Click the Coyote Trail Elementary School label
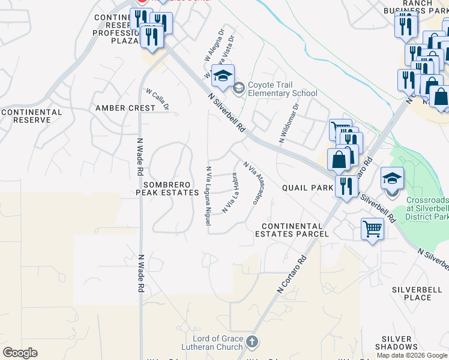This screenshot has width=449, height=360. tap(282, 89)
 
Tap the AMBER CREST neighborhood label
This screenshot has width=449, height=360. tap(125, 108)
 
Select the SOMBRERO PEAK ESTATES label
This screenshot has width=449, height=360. tap(167, 188)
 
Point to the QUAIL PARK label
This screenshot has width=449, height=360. tap(307, 188)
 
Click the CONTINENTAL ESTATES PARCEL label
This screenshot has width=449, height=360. tap(292, 230)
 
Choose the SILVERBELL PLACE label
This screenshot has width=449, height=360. tap(411, 293)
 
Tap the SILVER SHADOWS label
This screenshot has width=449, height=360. tap(397, 343)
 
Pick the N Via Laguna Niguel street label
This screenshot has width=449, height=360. tap(208, 196)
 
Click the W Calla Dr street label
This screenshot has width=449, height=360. tap(157, 99)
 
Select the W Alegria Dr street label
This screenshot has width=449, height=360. tap(215, 46)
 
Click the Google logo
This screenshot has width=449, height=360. tap(20, 352)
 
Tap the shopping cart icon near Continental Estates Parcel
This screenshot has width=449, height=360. tap(372, 229)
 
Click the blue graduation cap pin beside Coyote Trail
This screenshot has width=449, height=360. tap(222, 76)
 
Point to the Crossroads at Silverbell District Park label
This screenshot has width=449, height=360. tap(427, 208)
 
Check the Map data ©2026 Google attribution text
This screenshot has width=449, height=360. tap(412, 355)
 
